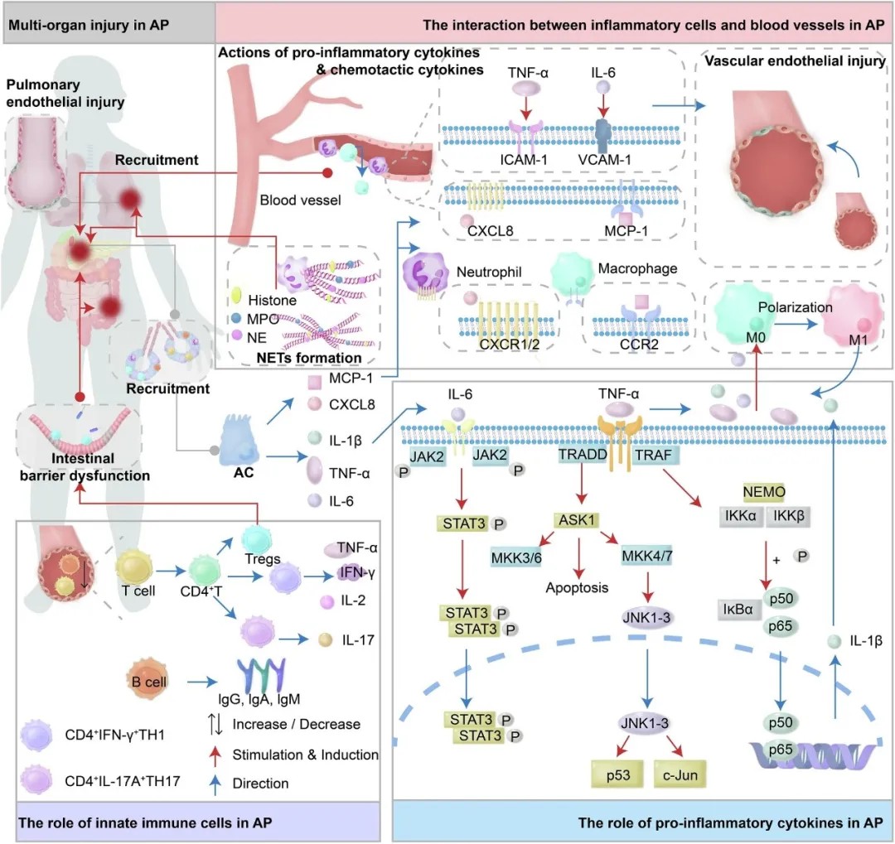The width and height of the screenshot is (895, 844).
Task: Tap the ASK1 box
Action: click(x=576, y=520)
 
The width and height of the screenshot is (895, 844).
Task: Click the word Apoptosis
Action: click(x=578, y=588)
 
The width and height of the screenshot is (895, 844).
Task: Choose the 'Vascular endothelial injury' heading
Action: click(x=794, y=61)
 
